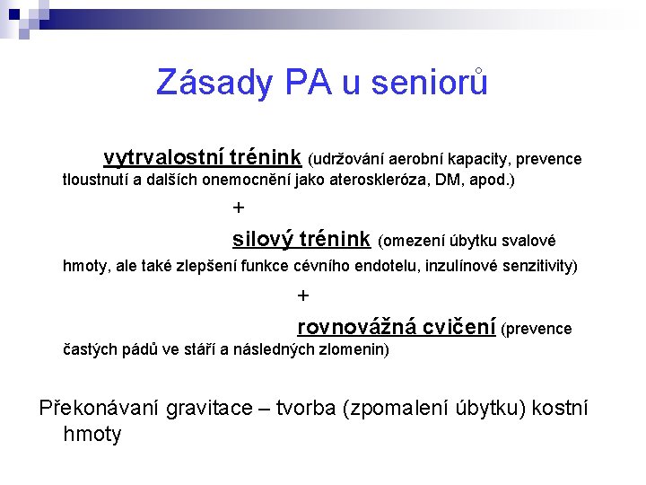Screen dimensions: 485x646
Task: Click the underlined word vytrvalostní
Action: (x=163, y=158)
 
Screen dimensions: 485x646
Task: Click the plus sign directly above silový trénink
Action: (x=238, y=208)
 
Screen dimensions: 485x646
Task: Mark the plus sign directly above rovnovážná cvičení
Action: (x=302, y=295)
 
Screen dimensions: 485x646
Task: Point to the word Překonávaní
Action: (x=100, y=409)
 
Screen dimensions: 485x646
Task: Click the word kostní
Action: (x=560, y=409)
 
